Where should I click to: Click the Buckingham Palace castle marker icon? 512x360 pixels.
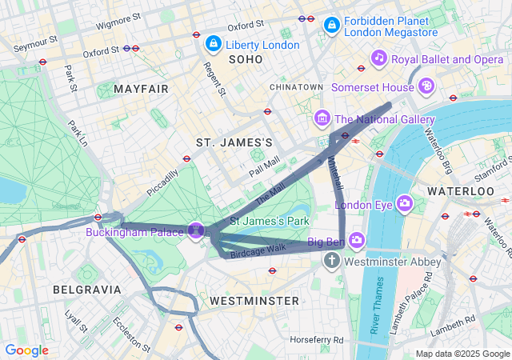194,231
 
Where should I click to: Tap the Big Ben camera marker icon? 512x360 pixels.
357,240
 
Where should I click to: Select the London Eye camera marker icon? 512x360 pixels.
404,203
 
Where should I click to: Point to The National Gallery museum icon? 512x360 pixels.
322,119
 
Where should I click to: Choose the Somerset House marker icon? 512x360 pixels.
427,84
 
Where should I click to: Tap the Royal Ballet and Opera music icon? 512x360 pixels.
379,58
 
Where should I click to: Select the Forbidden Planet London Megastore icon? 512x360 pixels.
331,27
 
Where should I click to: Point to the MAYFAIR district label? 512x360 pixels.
142,88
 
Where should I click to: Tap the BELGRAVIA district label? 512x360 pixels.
86,289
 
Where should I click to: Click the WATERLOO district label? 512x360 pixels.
461,192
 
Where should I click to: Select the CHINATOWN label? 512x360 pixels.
296,86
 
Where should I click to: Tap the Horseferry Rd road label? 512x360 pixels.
317,340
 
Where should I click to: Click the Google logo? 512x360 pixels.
27,350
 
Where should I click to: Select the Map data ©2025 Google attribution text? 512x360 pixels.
462,354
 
